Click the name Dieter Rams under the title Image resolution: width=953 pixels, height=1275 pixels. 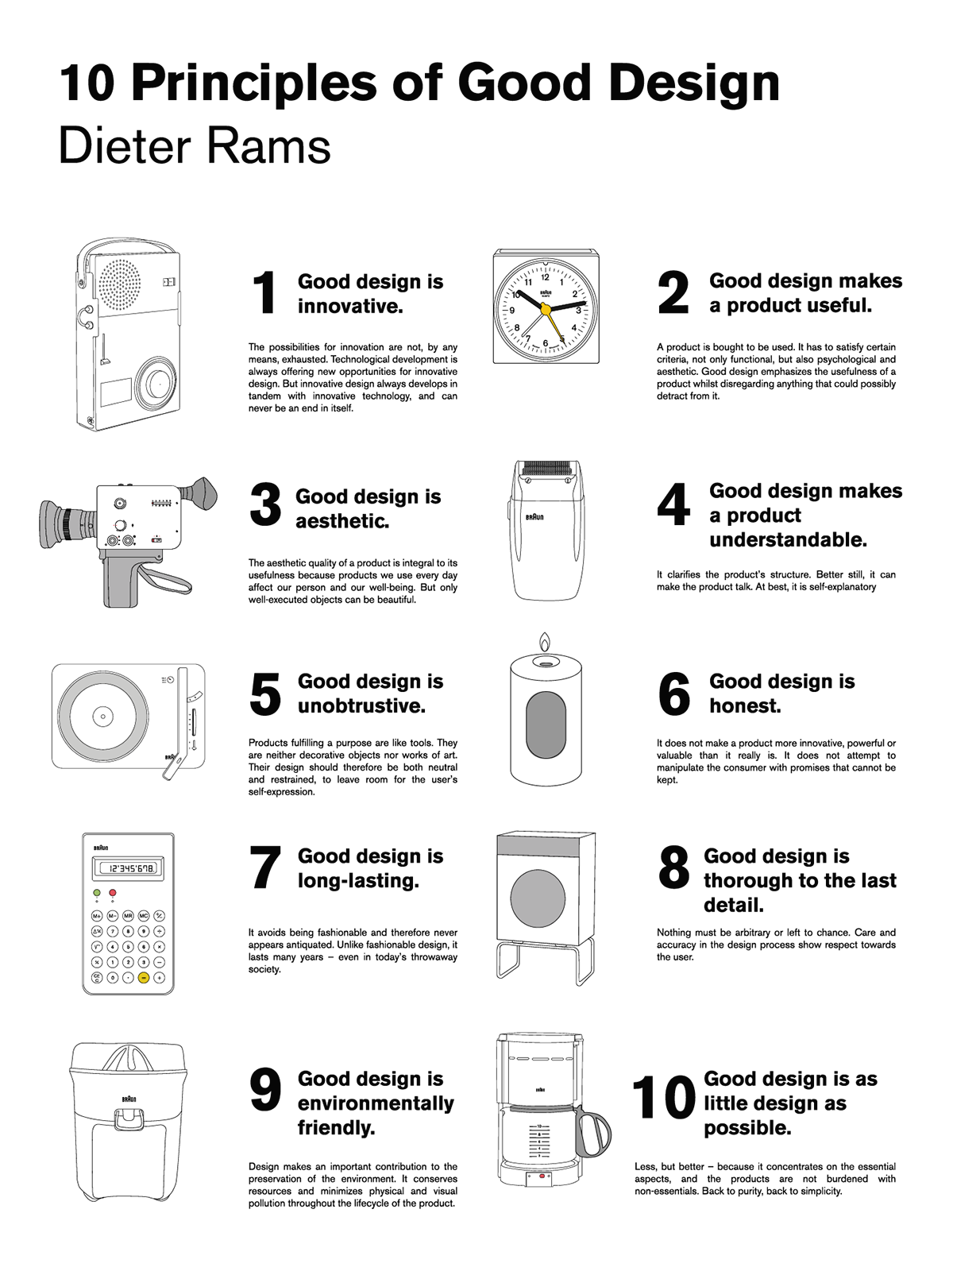[x=195, y=147]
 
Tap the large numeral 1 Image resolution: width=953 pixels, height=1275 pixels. [x=264, y=292]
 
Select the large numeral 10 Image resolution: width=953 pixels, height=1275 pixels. [x=663, y=1097]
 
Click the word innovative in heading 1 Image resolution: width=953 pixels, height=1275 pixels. [x=350, y=306]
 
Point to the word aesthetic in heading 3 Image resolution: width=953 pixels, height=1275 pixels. [x=342, y=521]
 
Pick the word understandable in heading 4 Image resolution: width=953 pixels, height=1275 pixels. [x=788, y=540]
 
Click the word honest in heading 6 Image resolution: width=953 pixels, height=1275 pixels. [x=745, y=705]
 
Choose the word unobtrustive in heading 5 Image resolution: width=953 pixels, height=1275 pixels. [x=362, y=705]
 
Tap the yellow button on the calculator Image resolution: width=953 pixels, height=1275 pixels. [x=144, y=978]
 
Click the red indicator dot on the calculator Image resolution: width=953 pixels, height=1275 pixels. [x=113, y=892]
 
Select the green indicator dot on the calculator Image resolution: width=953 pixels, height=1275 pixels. [x=97, y=892]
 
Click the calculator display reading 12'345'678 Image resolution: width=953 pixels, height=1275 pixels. [x=129, y=868]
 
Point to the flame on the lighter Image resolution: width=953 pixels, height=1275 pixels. [x=545, y=641]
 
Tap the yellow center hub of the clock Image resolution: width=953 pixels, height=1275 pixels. [x=546, y=310]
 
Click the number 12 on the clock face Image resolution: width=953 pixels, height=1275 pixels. [x=545, y=277]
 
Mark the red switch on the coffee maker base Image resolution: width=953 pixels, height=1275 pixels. [x=542, y=1175]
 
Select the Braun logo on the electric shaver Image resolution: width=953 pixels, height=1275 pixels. [x=534, y=517]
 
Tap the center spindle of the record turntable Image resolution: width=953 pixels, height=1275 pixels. [x=102, y=717]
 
